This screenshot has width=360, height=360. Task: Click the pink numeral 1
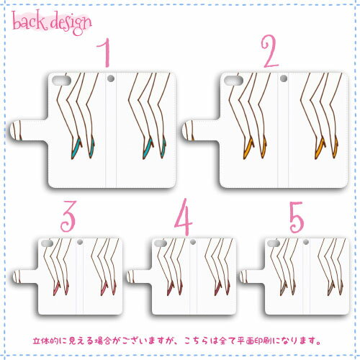click(106, 53)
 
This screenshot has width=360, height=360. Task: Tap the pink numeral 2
click(269, 51)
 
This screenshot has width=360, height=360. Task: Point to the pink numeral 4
click(184, 217)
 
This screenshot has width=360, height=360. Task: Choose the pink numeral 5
click(297, 217)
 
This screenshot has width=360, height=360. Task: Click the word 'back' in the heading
click(29, 22)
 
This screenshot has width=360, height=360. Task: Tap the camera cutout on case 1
click(61, 81)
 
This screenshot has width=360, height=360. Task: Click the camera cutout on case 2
click(234, 81)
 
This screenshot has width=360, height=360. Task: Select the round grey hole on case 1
click(111, 78)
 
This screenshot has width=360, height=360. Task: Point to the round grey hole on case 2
click(284, 78)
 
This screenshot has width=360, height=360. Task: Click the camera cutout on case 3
click(47, 243)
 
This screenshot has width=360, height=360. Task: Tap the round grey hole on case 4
click(193, 242)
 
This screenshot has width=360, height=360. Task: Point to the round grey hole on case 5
click(306, 242)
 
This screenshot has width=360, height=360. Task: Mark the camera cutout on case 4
click(161, 243)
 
